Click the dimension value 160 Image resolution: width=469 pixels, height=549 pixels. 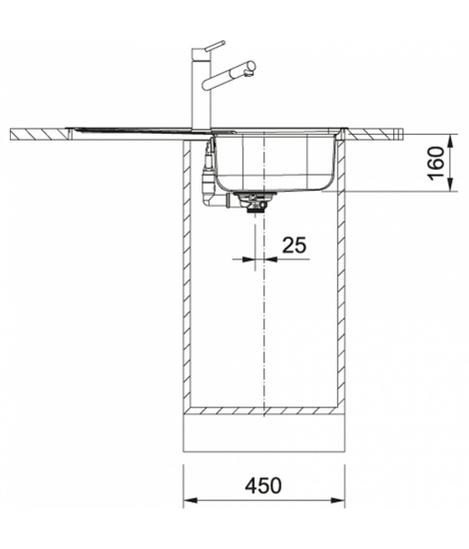[437, 163]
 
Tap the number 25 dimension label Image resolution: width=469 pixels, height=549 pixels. [294, 245]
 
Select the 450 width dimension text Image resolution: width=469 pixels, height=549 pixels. [263, 486]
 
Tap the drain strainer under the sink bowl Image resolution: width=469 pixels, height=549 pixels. [256, 202]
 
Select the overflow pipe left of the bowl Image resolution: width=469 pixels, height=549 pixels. [209, 174]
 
